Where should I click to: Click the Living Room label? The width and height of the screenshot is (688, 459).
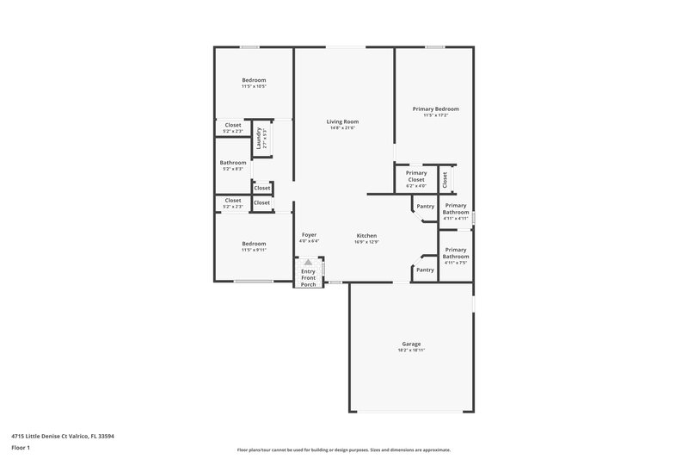[x=342, y=121]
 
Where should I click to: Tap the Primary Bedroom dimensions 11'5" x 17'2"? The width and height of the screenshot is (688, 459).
[x=435, y=115]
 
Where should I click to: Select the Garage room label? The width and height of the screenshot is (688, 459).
[x=411, y=344]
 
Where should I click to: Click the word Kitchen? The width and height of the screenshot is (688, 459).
[x=367, y=235]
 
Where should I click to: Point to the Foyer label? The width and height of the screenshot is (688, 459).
[x=309, y=234]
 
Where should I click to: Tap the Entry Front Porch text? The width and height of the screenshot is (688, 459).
[x=308, y=277]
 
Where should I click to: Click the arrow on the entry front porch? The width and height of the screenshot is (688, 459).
[x=308, y=262]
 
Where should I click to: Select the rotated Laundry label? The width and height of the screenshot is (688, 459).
[x=258, y=137]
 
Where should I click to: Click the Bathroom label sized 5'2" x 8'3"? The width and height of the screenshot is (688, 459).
[x=233, y=162]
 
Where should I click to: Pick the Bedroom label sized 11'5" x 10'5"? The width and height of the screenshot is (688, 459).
[x=254, y=80]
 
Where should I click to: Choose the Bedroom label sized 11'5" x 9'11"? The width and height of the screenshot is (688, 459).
[x=254, y=244]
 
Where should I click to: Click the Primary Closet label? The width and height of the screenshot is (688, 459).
[x=416, y=176]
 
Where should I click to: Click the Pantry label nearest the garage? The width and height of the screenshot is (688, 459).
[x=425, y=270]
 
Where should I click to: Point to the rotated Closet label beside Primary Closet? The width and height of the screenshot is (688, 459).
[x=445, y=179]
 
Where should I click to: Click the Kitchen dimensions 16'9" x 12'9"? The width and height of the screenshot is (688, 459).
[x=367, y=242]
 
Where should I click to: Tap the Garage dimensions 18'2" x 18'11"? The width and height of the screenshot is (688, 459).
[x=411, y=350]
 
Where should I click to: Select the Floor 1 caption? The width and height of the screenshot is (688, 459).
[x=21, y=448]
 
